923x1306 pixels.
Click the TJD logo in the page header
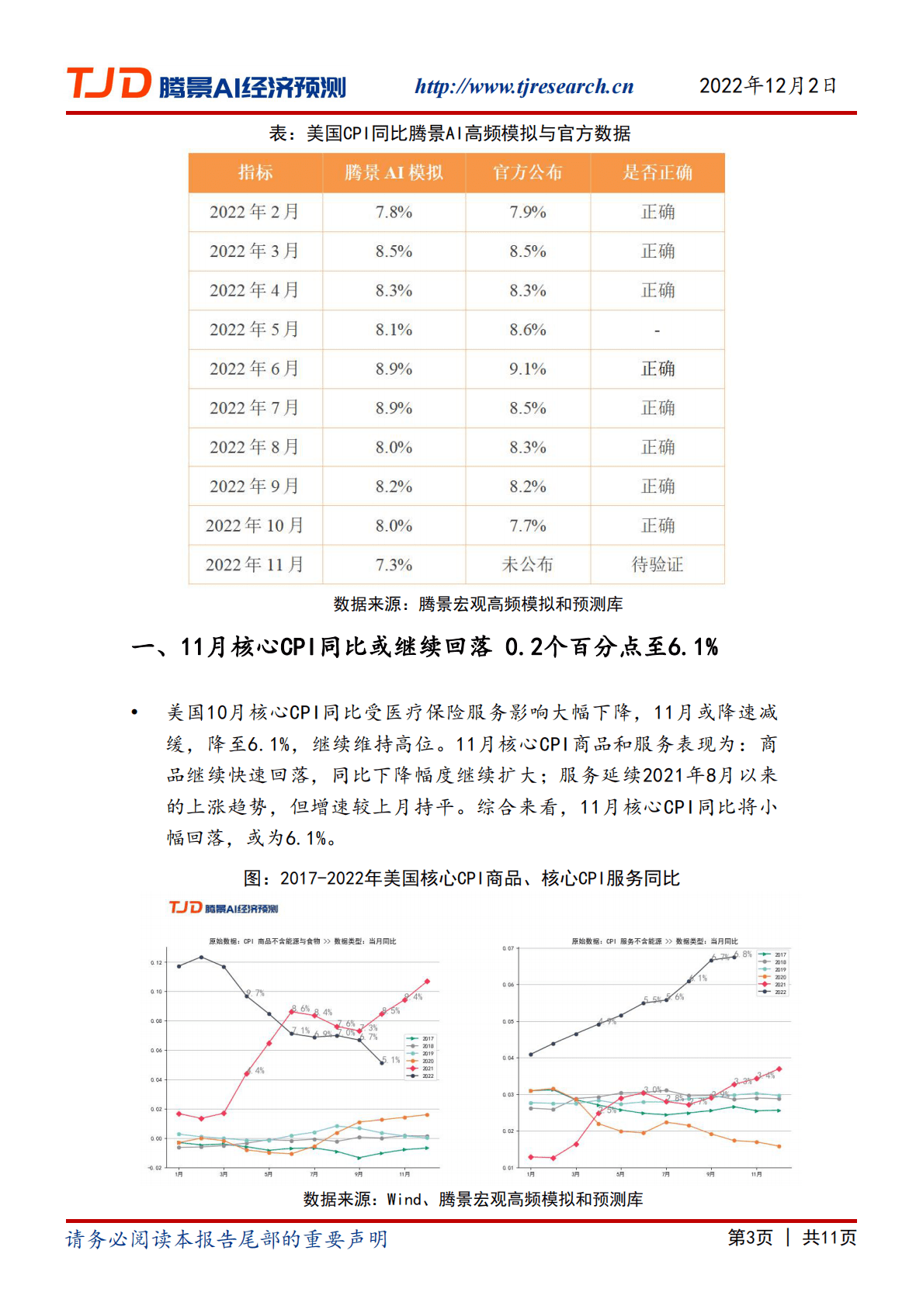tap(109, 84)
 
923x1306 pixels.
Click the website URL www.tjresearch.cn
tap(524, 86)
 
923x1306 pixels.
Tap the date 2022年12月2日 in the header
tap(767, 85)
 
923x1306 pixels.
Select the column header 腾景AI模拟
tap(394, 172)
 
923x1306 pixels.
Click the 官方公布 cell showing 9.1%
tap(528, 369)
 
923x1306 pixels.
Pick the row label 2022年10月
tap(255, 525)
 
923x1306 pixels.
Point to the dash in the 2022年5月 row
tap(657, 330)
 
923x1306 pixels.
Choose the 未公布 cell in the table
tap(528, 564)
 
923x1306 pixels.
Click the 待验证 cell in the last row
tap(657, 564)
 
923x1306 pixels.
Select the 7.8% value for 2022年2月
tap(394, 212)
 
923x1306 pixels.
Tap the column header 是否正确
tap(657, 172)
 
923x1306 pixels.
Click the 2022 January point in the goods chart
tap(179, 966)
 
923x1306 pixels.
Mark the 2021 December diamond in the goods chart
tap(427, 982)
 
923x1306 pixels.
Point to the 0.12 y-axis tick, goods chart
tap(157, 962)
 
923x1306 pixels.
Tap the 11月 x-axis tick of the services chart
tap(756, 1174)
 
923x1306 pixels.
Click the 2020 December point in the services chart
tap(779, 1146)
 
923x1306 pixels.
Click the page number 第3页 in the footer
tap(750, 1238)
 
